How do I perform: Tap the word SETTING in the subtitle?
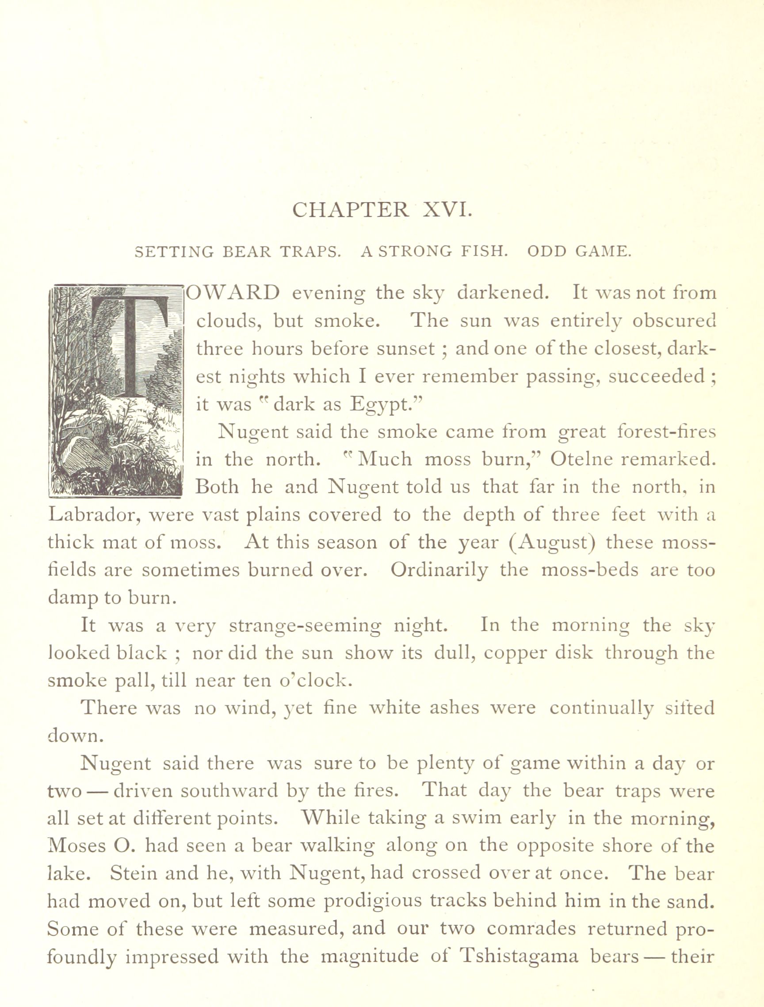[x=174, y=252]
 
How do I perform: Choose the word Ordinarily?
[x=439, y=571]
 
